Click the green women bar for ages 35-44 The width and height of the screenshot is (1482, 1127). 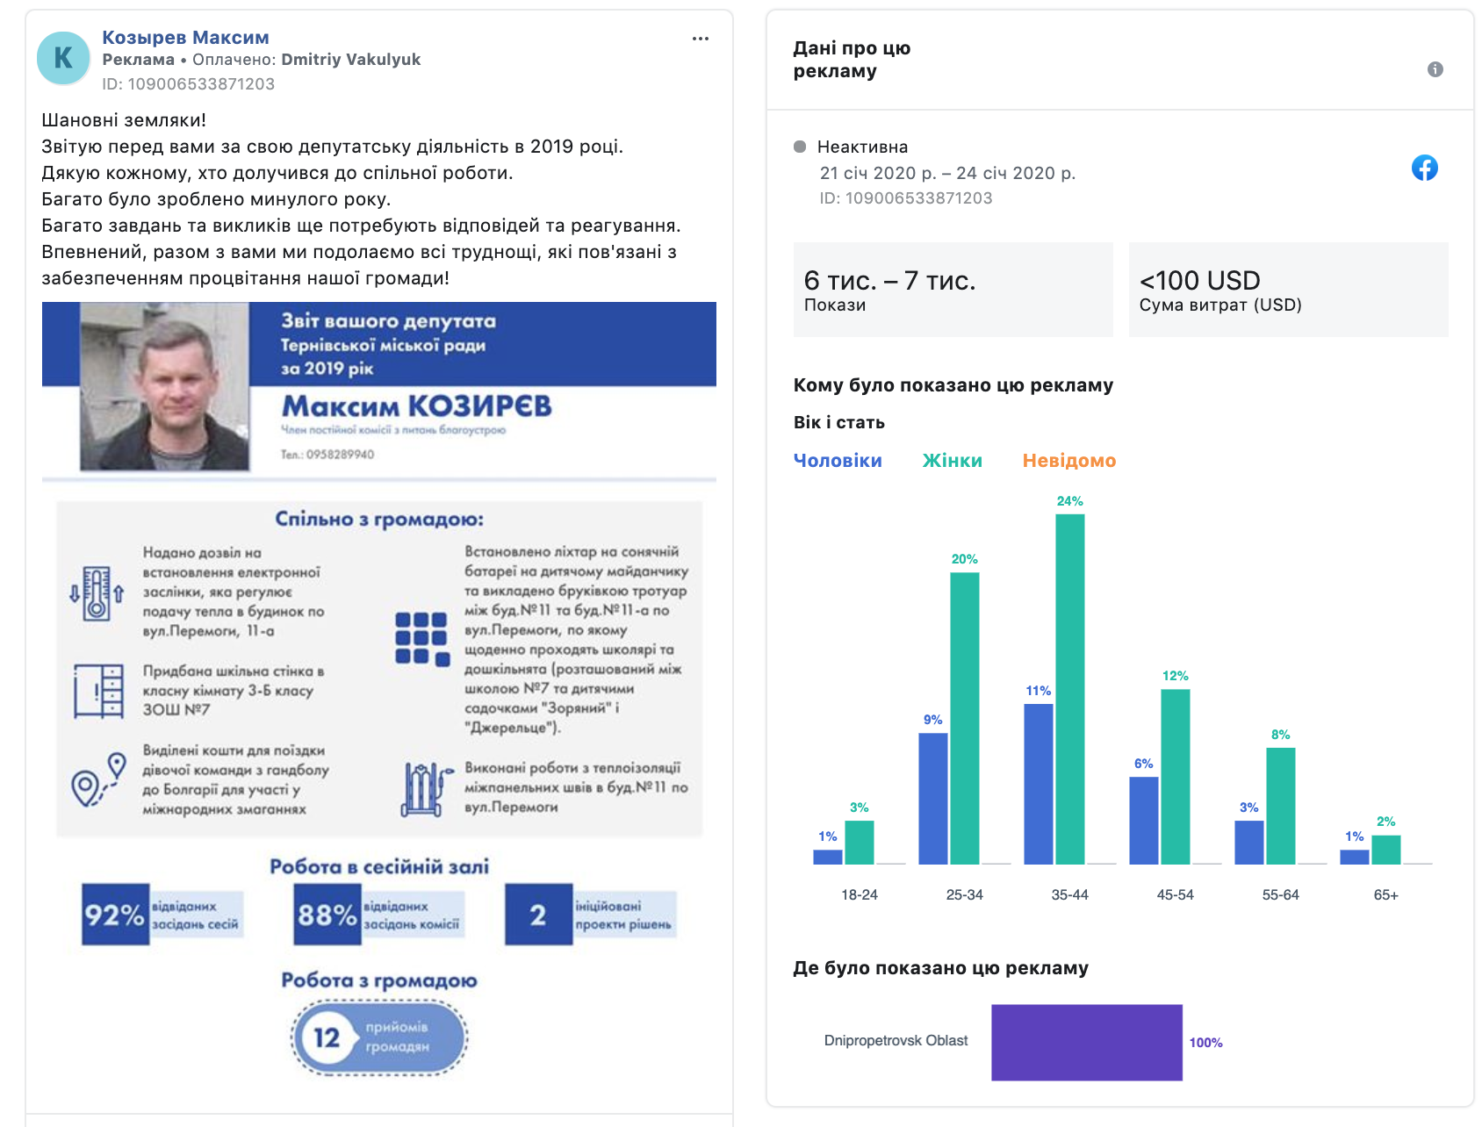click(x=1069, y=689)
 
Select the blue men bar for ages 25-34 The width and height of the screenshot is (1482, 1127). click(x=932, y=798)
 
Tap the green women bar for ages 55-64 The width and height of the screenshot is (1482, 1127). click(x=1280, y=806)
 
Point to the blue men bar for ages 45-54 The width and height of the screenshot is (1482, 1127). click(x=1143, y=820)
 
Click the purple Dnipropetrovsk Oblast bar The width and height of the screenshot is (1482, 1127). click(x=1086, y=1042)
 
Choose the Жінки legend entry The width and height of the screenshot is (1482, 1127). click(x=952, y=461)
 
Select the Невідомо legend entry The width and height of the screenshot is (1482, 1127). click(x=1068, y=461)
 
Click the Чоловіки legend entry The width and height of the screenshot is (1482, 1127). click(x=838, y=461)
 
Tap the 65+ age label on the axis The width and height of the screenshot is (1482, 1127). click(x=1385, y=894)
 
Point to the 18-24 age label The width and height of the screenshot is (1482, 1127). click(x=859, y=894)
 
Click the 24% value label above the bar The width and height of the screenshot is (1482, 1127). click(x=1069, y=501)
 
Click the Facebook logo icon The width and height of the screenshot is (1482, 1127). click(x=1424, y=168)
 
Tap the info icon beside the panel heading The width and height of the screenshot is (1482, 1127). click(x=1435, y=69)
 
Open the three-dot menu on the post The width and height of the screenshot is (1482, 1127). click(x=700, y=39)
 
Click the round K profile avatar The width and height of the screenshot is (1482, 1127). click(x=63, y=58)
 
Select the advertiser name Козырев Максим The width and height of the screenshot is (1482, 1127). click(x=185, y=38)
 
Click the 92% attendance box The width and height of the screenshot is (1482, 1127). click(x=115, y=915)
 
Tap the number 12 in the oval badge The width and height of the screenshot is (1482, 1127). click(x=327, y=1037)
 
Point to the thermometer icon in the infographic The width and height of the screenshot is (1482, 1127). click(x=97, y=593)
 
